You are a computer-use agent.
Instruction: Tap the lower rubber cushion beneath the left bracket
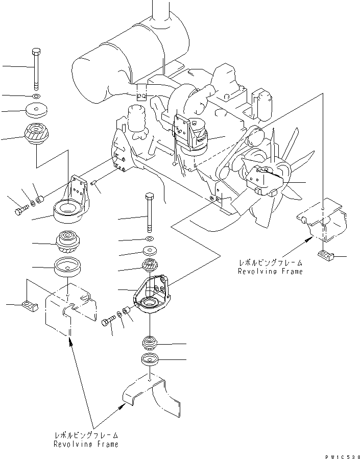point(67,243)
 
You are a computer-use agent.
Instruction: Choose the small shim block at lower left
point(31,306)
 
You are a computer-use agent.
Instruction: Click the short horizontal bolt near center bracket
point(108,323)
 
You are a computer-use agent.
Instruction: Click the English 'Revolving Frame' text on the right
point(270,271)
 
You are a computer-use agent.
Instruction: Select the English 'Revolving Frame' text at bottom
point(86,444)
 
